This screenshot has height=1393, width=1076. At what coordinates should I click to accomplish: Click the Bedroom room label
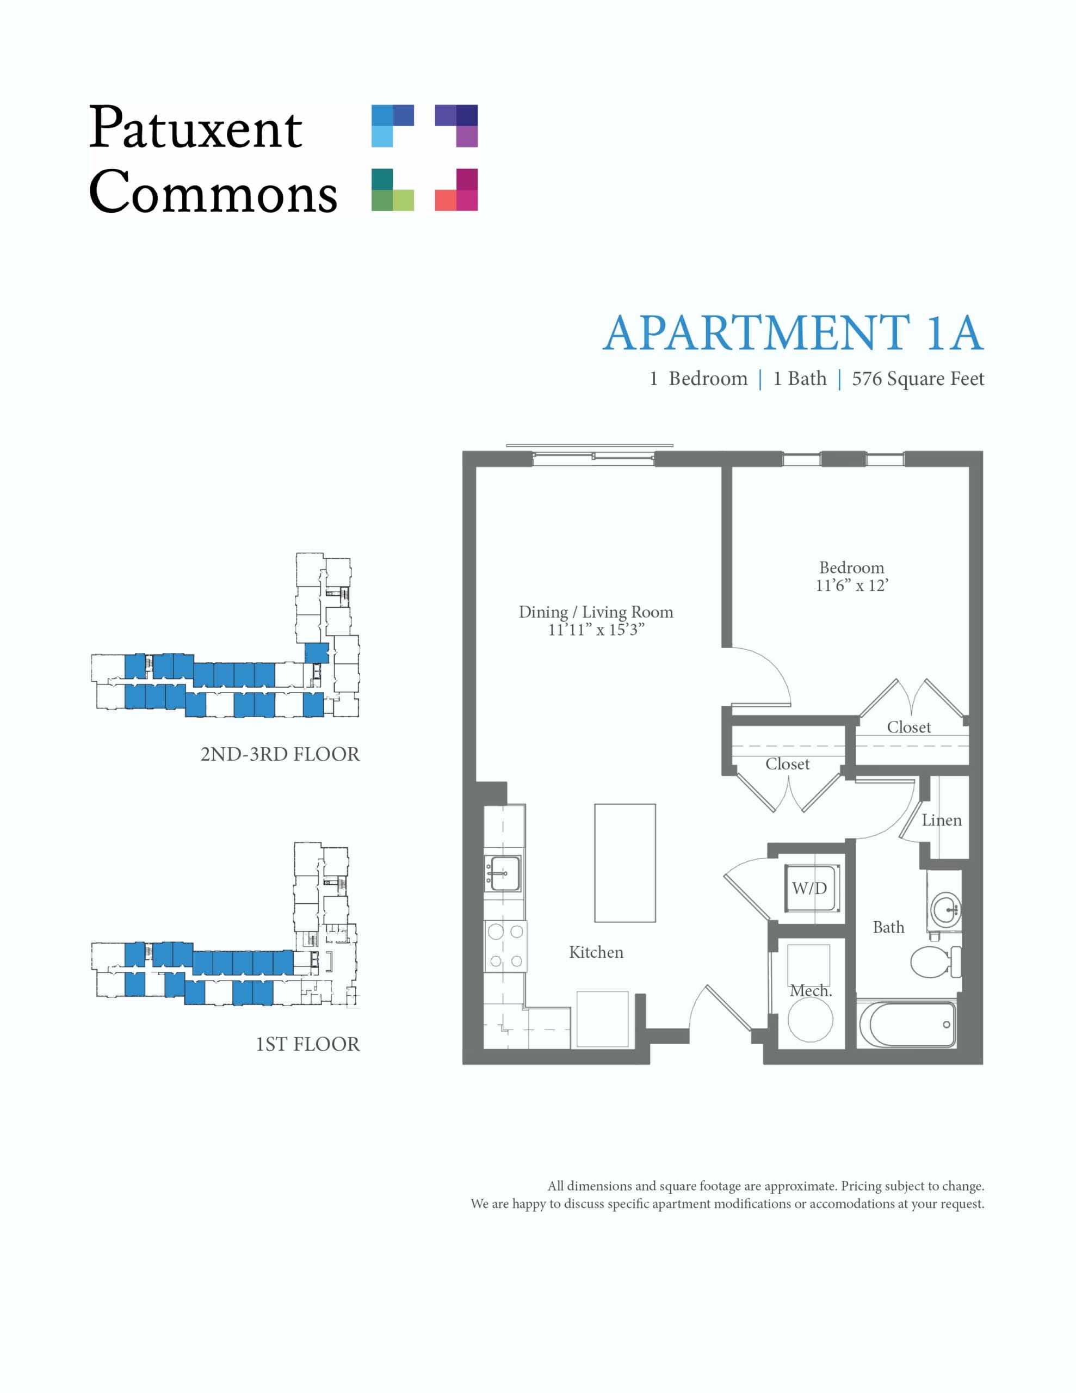click(x=851, y=568)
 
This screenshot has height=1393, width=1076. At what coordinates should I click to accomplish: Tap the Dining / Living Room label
click(x=596, y=612)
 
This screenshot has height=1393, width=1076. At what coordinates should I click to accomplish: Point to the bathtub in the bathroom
click(x=907, y=1023)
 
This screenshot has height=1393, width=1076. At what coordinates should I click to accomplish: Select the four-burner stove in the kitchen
click(x=505, y=946)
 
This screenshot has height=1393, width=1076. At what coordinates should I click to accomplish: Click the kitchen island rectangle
click(x=625, y=862)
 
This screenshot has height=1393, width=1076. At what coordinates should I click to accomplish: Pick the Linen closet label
click(x=942, y=820)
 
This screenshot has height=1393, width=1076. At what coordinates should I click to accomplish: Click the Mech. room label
click(x=811, y=990)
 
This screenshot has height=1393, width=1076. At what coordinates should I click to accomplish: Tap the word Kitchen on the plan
click(x=596, y=952)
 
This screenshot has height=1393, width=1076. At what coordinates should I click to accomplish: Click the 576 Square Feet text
click(x=918, y=379)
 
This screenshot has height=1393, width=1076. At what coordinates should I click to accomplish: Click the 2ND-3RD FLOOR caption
click(x=280, y=755)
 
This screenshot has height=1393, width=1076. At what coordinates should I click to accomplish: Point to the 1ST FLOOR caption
click(x=307, y=1045)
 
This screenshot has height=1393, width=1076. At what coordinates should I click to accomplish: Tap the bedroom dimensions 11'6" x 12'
click(x=851, y=585)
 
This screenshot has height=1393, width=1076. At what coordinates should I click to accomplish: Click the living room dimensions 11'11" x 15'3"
click(x=596, y=630)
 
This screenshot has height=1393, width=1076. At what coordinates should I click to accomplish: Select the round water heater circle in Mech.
click(x=810, y=1019)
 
